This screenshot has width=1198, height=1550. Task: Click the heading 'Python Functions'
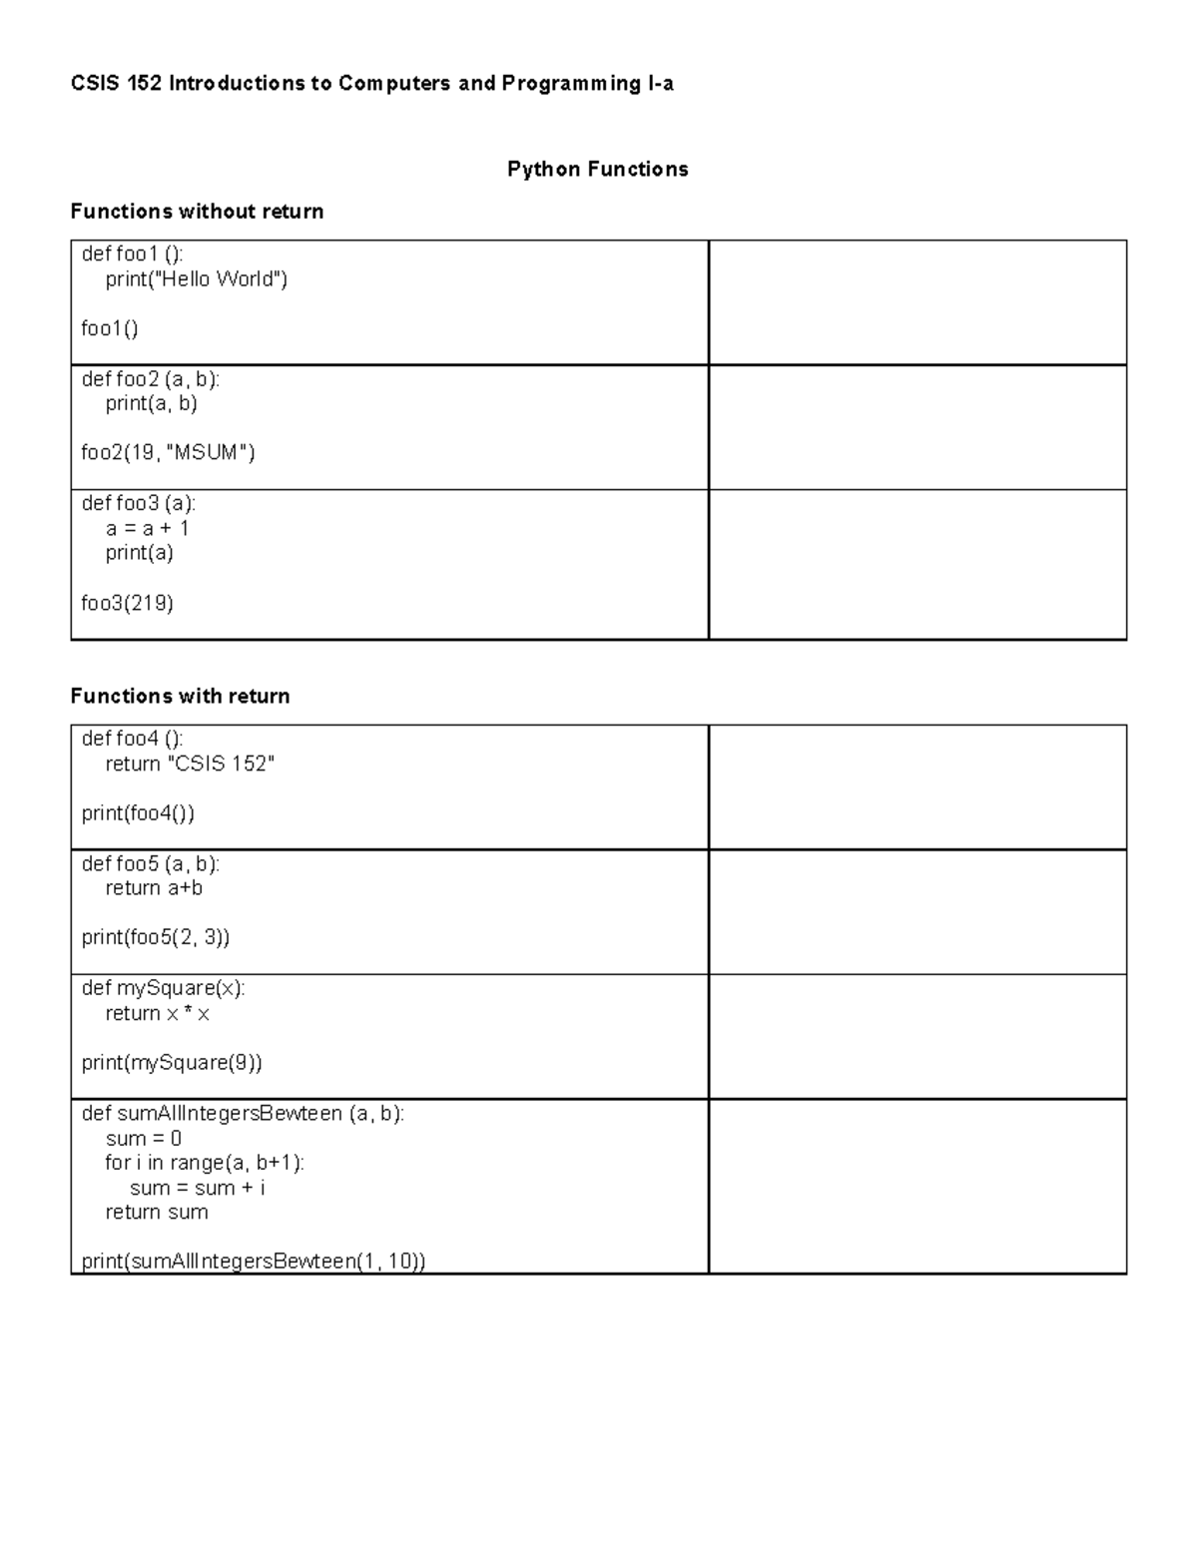click(x=597, y=170)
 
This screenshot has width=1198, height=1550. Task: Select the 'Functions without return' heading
click(x=197, y=212)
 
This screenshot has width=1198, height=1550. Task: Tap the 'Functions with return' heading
click(x=180, y=697)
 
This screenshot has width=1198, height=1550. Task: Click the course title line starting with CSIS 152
click(x=371, y=84)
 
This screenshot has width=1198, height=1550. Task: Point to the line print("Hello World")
click(x=196, y=279)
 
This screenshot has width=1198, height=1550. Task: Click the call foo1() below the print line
click(x=110, y=329)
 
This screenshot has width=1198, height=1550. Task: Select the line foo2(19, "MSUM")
click(x=168, y=453)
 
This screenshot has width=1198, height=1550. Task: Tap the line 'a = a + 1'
click(x=147, y=528)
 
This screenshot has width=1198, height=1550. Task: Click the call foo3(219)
click(x=127, y=603)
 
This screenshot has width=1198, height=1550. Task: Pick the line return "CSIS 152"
click(x=190, y=764)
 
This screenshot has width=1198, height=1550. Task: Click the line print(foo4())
click(x=138, y=813)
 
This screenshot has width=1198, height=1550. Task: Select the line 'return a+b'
click(x=154, y=888)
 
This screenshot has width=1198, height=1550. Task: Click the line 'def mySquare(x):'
click(x=163, y=988)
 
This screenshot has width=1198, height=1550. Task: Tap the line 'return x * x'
click(x=157, y=1013)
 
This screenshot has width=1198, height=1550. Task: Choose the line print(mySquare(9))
click(x=172, y=1063)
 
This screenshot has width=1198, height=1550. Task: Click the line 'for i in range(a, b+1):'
click(x=205, y=1163)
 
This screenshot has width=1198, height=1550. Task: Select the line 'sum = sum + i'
click(x=197, y=1188)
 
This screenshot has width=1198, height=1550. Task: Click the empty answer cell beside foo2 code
click(x=916, y=427)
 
